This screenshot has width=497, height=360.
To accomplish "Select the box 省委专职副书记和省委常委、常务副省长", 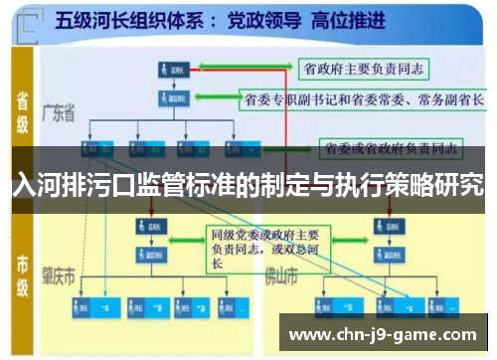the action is click(363, 100).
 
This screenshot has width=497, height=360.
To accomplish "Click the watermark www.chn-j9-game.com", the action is click(383, 334).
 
